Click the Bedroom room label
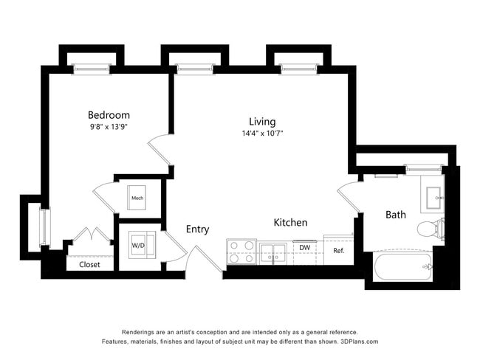109,114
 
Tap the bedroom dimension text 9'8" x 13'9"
109,126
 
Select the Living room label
261,121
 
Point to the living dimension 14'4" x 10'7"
261,134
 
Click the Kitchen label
290,222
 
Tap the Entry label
197,229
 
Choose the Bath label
396,215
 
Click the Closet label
89,264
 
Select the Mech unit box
137,196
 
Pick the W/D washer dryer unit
138,246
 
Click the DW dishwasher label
304,248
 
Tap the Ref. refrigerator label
339,251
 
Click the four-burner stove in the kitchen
240,252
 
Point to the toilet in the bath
431,228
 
